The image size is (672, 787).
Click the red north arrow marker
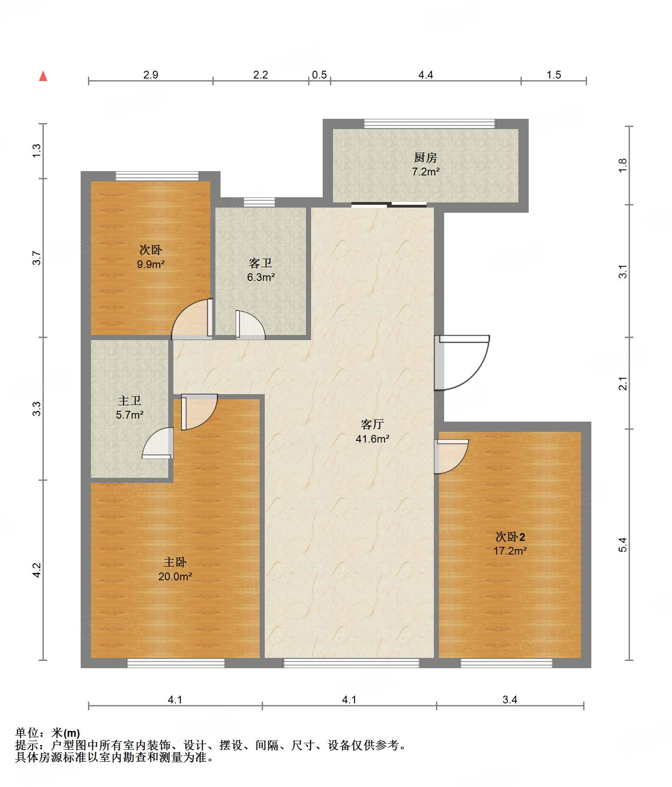[43, 76]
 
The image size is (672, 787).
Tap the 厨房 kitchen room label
[425, 158]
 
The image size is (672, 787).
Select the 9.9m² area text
[151, 264]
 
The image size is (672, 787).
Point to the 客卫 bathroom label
[260, 263]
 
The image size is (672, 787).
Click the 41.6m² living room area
[372, 439]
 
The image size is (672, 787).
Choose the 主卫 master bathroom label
[130, 401]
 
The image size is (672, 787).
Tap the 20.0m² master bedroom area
[175, 576]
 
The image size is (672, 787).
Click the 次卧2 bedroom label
[510, 537]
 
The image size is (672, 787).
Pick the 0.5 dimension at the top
[319, 75]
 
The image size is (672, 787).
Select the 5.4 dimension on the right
[623, 545]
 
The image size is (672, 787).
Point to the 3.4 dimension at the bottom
[510, 700]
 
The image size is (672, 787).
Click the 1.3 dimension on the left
[37, 150]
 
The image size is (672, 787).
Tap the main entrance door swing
[462, 363]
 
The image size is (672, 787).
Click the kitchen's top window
[430, 124]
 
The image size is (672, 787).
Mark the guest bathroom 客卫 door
[250, 325]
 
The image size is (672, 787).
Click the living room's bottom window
[351, 663]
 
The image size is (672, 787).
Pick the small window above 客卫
[259, 202]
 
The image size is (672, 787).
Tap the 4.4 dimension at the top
[426, 75]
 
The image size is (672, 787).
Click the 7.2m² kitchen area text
[426, 172]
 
